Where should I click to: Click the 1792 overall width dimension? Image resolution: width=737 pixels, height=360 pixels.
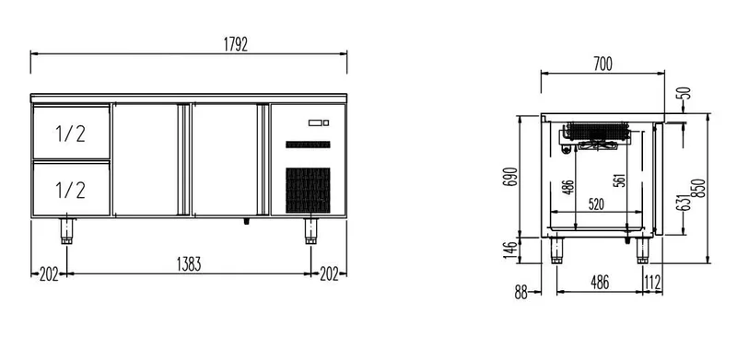pyautogui.click(x=236, y=44)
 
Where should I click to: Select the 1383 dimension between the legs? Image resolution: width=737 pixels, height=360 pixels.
pyautogui.click(x=189, y=264)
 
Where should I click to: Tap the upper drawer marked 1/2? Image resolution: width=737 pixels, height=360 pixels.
pyautogui.click(x=72, y=132)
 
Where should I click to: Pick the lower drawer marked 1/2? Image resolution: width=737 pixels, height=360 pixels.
pyautogui.click(x=72, y=189)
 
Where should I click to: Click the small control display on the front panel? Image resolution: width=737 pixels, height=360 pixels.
pyautogui.click(x=319, y=123)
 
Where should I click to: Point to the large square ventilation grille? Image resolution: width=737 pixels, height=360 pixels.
pyautogui.click(x=308, y=191)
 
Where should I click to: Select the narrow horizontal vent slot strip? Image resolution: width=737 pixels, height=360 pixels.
pyautogui.click(x=308, y=145)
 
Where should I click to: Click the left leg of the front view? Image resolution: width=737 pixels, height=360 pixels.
pyautogui.click(x=66, y=231)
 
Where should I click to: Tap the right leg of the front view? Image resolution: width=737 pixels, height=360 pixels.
pyautogui.click(x=310, y=231)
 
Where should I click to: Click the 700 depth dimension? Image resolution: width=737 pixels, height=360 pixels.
pyautogui.click(x=602, y=64)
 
